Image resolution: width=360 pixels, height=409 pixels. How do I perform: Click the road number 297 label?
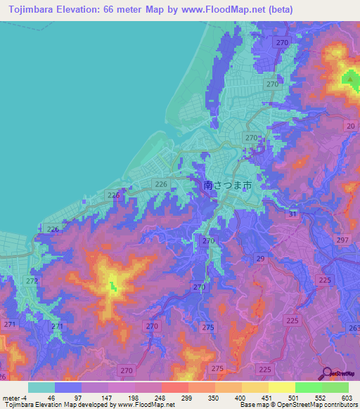(x=342, y=240)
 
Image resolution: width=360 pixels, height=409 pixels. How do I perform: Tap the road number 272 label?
(x=32, y=280)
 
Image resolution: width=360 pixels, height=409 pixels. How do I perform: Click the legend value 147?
(x=105, y=398)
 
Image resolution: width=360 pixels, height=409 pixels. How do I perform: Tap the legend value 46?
(x=51, y=398)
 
